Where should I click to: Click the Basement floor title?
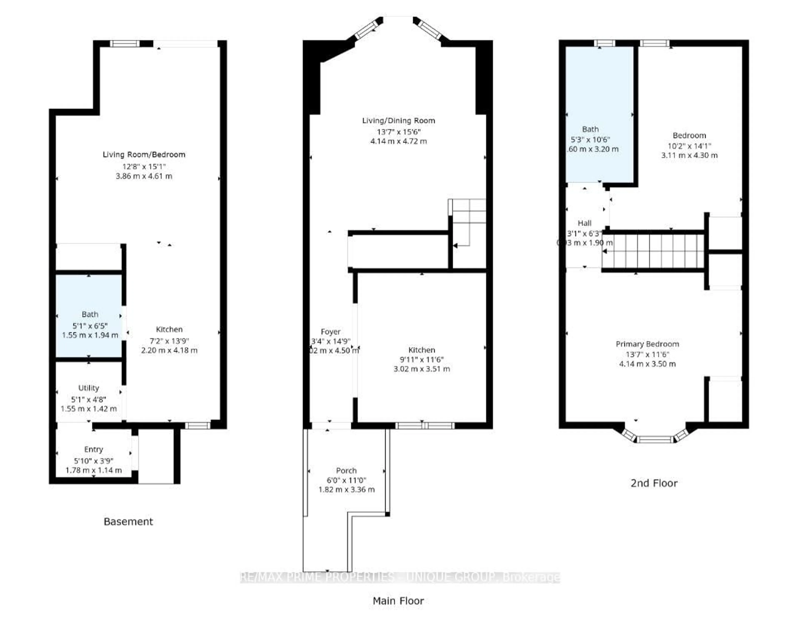[128, 521]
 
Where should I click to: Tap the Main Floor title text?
[398, 601]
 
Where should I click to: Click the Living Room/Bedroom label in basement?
[144, 155]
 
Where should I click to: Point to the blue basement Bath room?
[89, 315]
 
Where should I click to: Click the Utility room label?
[89, 388]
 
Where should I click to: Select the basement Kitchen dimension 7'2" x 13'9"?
[169, 341]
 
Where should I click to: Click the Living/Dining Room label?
[399, 121]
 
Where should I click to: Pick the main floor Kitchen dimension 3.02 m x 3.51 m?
[422, 369]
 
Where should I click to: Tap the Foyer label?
[330, 332]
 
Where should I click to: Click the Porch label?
[346, 470]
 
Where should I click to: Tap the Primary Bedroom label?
[647, 344]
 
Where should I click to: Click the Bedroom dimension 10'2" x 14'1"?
[689, 146]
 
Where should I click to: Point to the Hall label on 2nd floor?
[585, 223]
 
